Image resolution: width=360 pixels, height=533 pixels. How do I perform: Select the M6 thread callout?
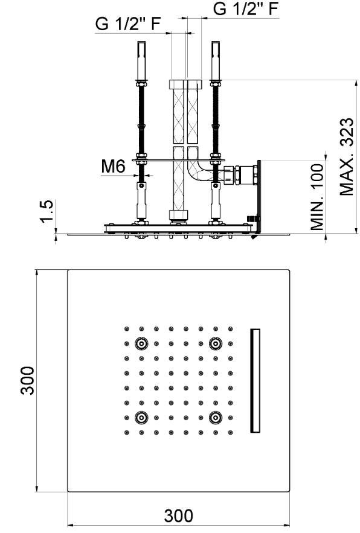click(x=114, y=166)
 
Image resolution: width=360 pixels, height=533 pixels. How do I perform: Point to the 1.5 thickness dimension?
click(x=47, y=211)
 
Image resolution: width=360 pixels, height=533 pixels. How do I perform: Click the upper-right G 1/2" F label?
click(x=246, y=8)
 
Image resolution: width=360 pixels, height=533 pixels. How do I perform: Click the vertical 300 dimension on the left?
click(x=27, y=380)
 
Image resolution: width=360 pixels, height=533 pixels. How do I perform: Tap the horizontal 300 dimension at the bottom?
click(x=179, y=515)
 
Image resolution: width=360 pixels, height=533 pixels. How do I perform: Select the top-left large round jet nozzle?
click(x=141, y=343)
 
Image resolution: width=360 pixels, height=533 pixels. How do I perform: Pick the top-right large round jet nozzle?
click(x=216, y=343)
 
